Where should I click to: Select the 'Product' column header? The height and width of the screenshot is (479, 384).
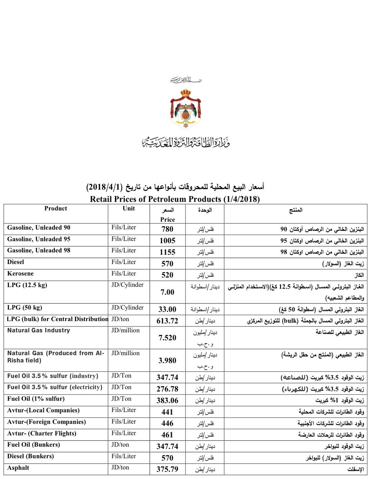point(56,208)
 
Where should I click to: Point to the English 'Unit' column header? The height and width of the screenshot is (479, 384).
point(128,208)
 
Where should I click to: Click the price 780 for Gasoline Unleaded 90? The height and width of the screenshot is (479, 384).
point(167,229)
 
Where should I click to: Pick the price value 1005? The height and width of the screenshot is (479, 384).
point(167,241)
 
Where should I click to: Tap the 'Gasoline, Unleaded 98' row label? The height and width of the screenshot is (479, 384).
point(39,250)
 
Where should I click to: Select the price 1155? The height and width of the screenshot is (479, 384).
point(167,252)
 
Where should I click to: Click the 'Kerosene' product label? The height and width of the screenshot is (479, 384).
point(20,274)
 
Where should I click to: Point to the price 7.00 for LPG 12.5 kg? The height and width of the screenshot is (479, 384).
point(167,292)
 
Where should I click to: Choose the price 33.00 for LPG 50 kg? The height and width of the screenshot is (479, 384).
point(167,309)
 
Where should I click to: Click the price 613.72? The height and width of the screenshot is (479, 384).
point(167,321)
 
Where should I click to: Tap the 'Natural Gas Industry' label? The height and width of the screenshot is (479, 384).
point(39,330)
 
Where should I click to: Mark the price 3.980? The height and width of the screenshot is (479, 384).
point(167,360)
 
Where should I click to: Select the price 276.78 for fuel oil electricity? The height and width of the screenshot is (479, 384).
point(167,389)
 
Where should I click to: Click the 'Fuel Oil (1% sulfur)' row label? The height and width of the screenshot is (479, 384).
point(36,399)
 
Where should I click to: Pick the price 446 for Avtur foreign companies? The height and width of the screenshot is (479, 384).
point(167,423)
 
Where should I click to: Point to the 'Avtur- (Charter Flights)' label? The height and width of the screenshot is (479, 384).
point(42,433)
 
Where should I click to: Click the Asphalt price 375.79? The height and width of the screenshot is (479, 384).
point(167,469)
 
